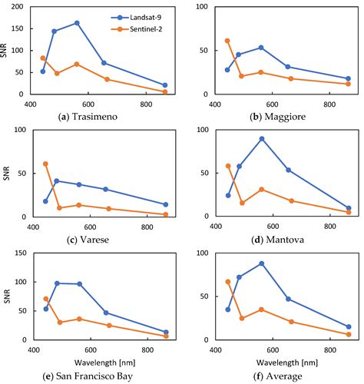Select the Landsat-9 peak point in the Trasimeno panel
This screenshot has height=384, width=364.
77,23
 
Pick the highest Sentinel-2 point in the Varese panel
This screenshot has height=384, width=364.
45,164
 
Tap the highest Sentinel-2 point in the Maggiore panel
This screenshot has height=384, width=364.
227,41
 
